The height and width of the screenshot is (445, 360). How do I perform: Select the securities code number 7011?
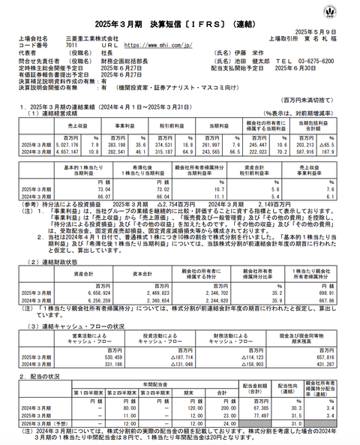67,44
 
